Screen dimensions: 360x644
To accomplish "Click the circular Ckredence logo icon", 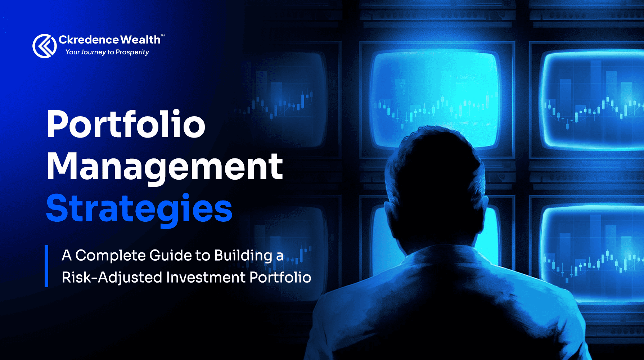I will (x=45, y=46).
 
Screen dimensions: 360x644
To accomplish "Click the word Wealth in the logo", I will (x=140, y=40).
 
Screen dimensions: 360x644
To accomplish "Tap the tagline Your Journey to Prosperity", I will (x=107, y=52).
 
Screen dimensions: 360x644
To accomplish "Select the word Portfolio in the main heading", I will (x=126, y=125).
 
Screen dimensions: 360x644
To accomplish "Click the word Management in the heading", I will (x=165, y=167).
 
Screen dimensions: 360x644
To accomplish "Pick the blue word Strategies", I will (x=139, y=209).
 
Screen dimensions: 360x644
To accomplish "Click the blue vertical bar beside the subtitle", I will (x=46, y=266).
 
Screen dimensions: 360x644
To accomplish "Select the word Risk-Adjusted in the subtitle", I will (x=112, y=278).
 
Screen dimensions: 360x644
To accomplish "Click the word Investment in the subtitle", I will (x=206, y=278).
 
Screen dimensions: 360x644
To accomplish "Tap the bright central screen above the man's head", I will (x=436, y=90).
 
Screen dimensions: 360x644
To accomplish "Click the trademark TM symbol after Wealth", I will (x=163, y=36).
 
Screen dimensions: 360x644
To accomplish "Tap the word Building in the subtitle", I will (x=243, y=256).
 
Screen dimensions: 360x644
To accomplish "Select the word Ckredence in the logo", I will (x=89, y=40).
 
